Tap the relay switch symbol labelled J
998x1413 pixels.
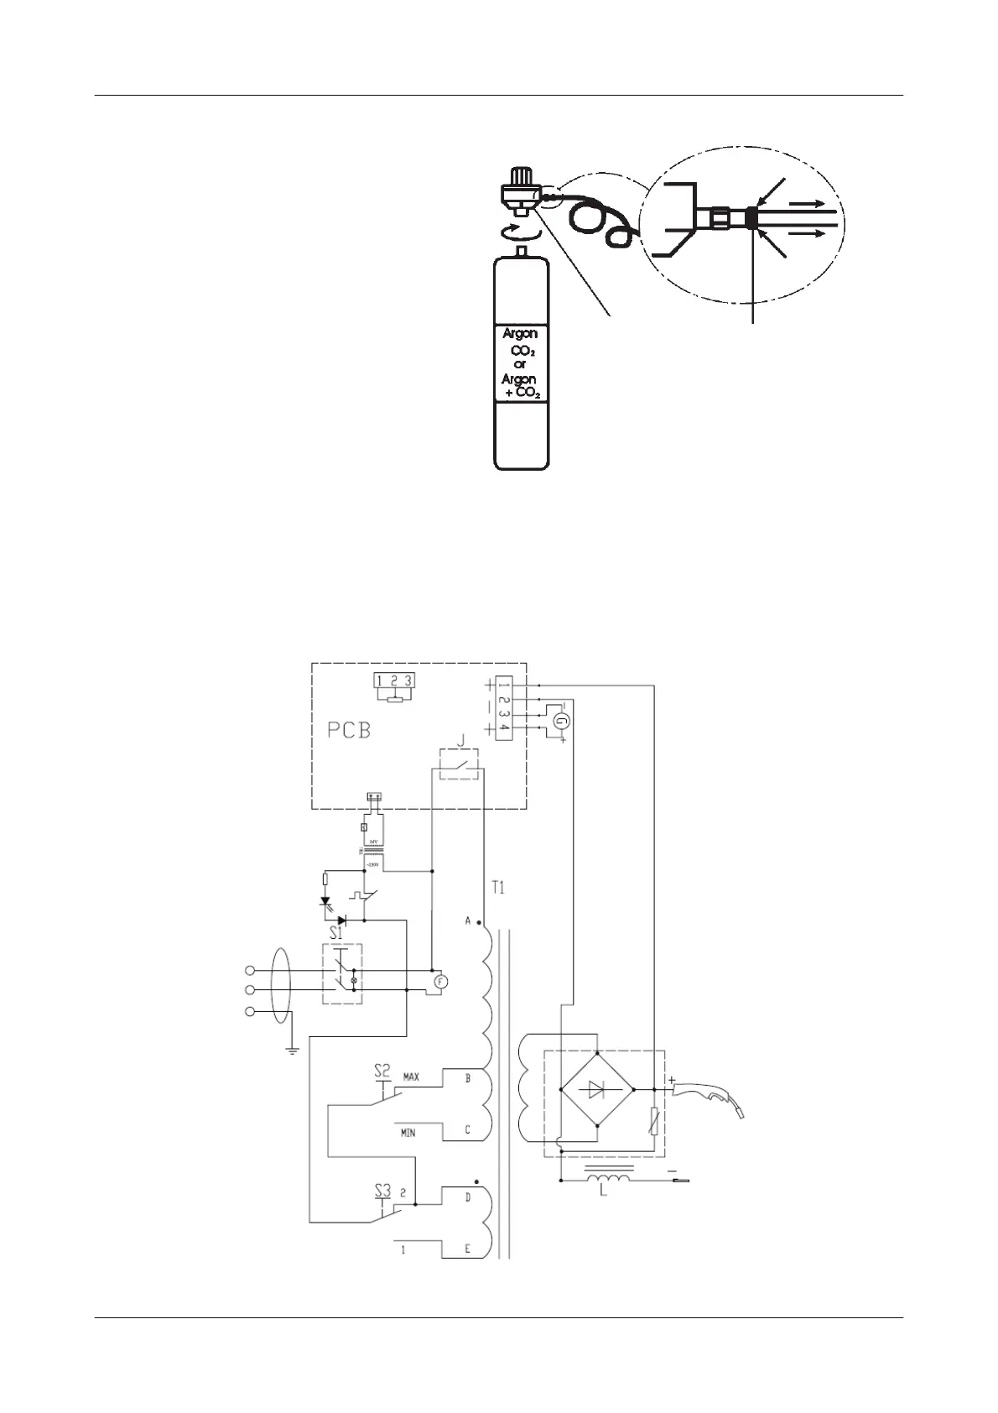pos(459,762)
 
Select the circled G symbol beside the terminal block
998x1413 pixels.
pos(564,720)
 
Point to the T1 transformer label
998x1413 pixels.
pos(498,888)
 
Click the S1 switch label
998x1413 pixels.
pos(336,932)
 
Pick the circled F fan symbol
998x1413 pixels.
pos(442,981)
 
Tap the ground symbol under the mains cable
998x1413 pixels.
pos(291,1049)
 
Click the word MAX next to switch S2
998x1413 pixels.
pos(411,1076)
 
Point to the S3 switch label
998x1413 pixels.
pos(382,1189)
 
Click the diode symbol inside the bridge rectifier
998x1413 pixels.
pos(596,1089)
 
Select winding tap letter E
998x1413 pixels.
pos(468,1249)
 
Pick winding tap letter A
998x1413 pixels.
pos(468,921)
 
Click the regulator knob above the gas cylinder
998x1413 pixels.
pos(520,178)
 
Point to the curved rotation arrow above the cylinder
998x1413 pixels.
pos(518,231)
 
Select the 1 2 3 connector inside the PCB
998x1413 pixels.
pos(394,681)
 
